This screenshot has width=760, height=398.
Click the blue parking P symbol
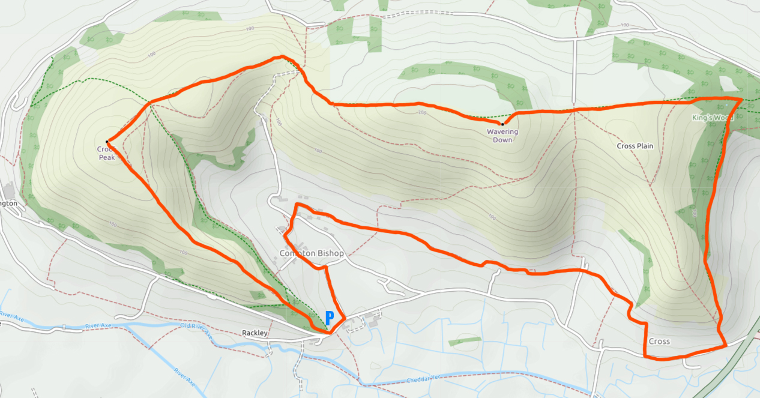point(329,318)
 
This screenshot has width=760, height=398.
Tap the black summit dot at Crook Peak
point(107,142)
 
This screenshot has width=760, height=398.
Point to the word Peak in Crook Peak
point(107,157)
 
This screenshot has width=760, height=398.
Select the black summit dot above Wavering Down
point(502,124)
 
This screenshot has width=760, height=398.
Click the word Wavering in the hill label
point(502,132)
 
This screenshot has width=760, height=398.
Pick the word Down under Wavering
point(502,140)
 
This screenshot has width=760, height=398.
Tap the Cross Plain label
point(635,146)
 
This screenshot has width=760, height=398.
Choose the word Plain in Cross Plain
point(644,146)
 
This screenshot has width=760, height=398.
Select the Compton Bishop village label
point(312,253)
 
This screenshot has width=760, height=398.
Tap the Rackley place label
point(254,333)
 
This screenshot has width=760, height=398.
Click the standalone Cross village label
point(659,342)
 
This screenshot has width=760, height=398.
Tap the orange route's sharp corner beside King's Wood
point(742,98)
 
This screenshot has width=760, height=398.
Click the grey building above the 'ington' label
point(8,191)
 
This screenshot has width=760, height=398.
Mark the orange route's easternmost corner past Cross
point(726,346)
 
